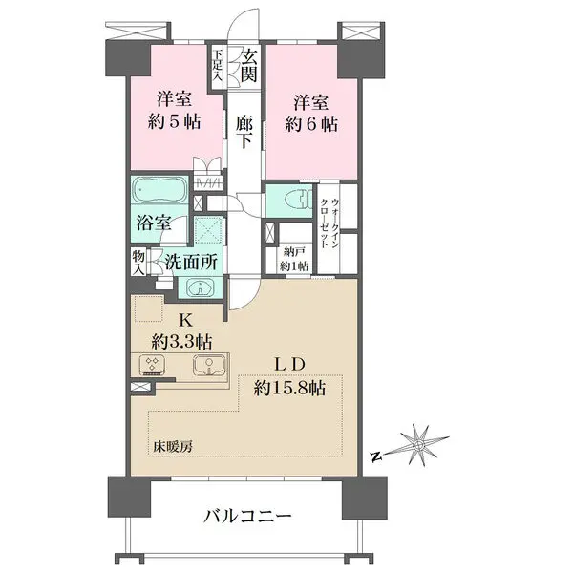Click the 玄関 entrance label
(249, 64)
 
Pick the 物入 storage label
(138, 261)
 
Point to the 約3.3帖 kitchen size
(181, 340)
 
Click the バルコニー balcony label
(246, 517)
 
